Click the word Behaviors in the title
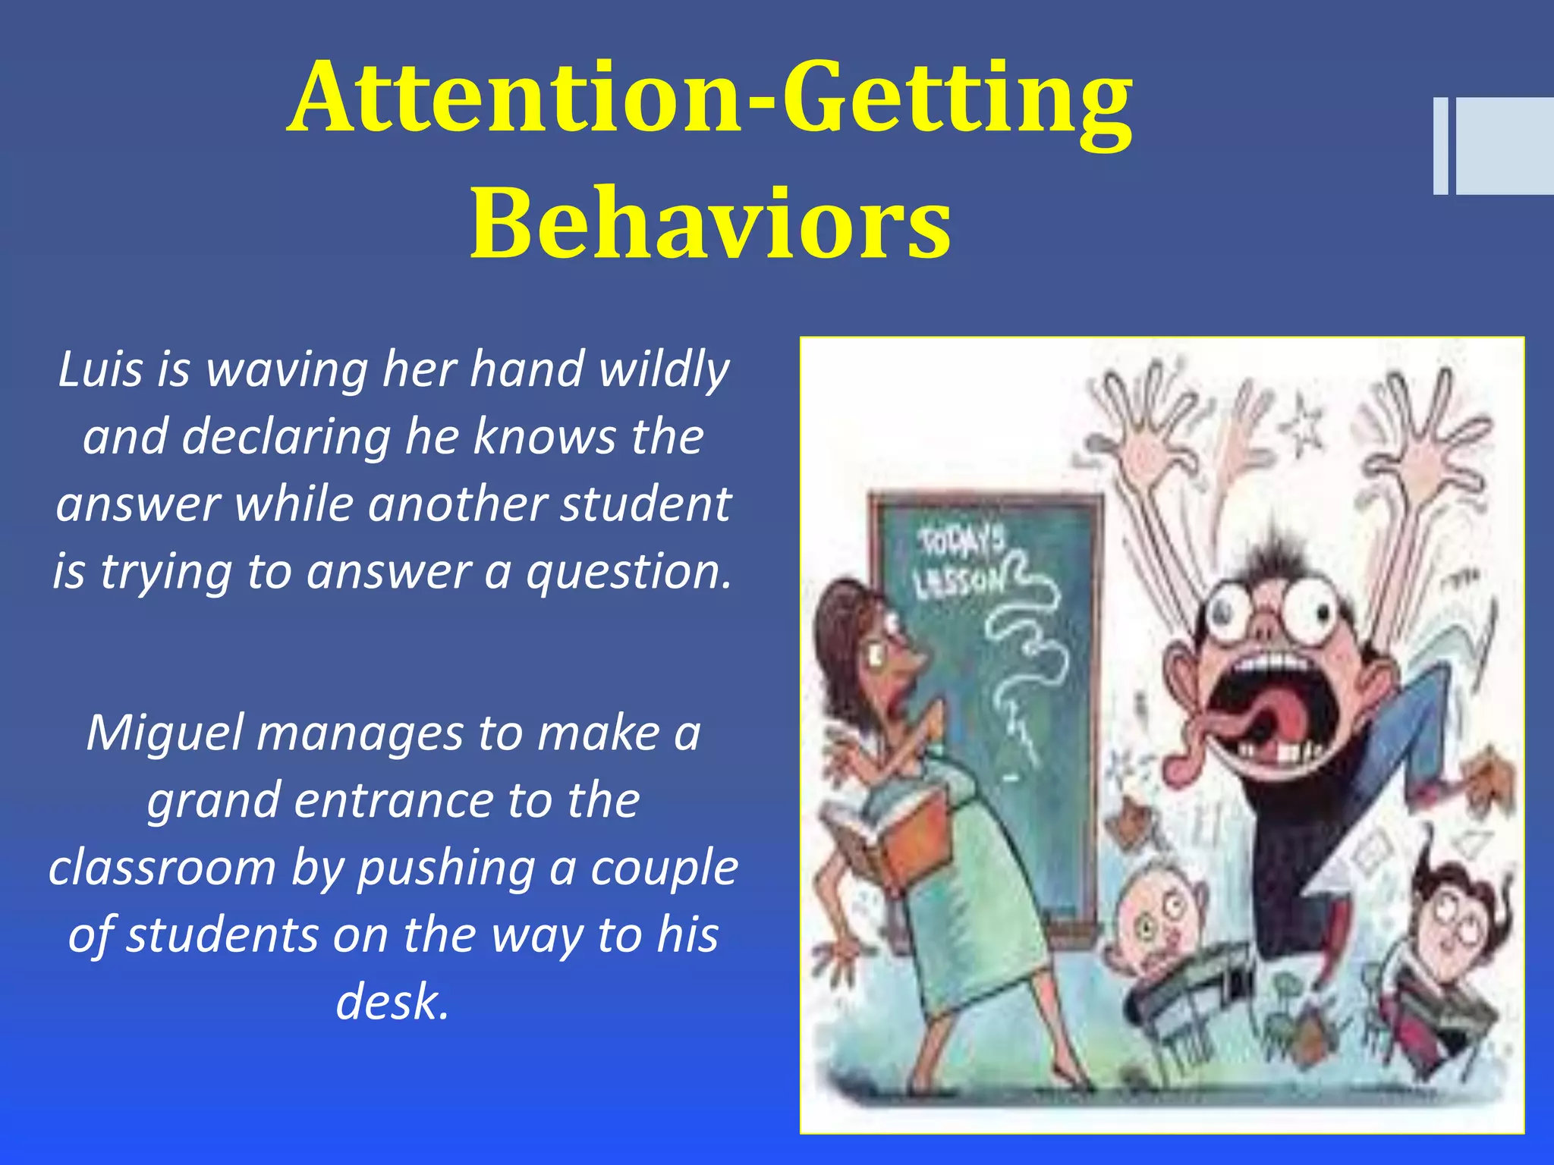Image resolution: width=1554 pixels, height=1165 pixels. (710, 225)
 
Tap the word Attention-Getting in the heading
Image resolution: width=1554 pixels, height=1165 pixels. (710, 99)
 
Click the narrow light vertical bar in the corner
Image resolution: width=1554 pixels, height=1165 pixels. (1440, 146)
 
